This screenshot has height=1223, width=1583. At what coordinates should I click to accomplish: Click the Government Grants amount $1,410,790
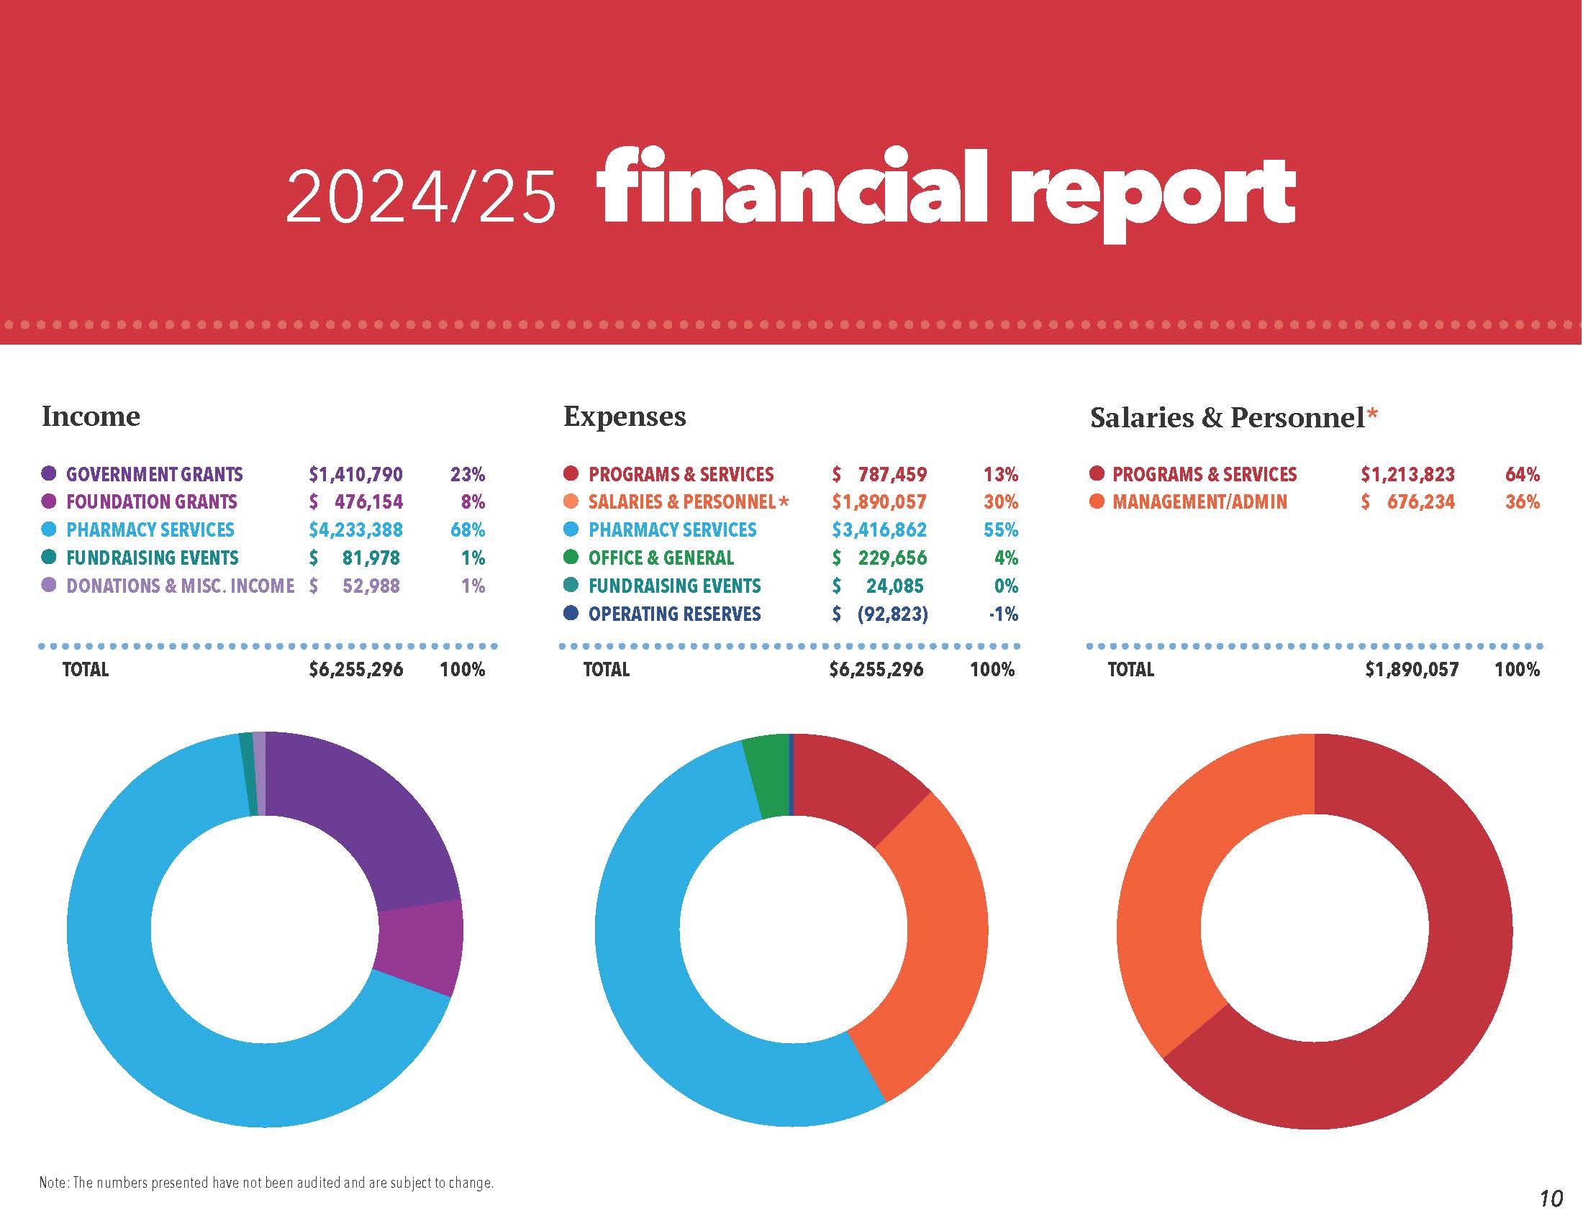[x=355, y=475]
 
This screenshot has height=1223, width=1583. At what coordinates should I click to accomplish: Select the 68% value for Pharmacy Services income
[x=467, y=530]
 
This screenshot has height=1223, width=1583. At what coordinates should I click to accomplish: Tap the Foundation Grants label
[x=152, y=502]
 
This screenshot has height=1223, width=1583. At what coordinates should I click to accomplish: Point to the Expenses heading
[x=624, y=417]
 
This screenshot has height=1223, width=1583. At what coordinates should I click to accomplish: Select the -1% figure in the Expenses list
[x=1003, y=614]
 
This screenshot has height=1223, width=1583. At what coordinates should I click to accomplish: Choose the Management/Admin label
[x=1199, y=502]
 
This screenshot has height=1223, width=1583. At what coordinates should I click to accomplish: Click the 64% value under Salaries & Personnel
[x=1522, y=475]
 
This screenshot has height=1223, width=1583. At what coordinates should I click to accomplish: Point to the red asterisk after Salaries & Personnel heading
[x=1372, y=415]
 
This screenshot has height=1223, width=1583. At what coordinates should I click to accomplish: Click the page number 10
[x=1551, y=1199]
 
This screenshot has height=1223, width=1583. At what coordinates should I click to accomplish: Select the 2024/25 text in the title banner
[x=421, y=197]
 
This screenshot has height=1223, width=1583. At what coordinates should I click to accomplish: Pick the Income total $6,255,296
[x=356, y=670]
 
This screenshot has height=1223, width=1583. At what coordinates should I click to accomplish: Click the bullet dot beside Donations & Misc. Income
[x=49, y=586]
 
